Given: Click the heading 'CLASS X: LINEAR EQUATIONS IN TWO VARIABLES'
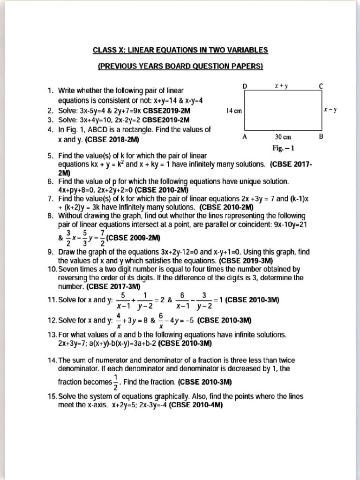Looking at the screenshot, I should (x=180, y=50).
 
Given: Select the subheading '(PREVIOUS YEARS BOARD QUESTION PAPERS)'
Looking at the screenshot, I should (x=180, y=66).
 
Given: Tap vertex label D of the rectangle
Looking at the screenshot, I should (x=245, y=86).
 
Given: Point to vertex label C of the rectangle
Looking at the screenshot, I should (x=321, y=86).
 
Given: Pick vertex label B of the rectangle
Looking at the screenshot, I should (x=321, y=137).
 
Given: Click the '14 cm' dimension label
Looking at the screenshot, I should (x=234, y=111).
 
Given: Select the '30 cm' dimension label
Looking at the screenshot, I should (x=283, y=137).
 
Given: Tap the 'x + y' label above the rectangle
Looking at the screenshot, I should (x=281, y=86).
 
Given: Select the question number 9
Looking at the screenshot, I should (x=51, y=252).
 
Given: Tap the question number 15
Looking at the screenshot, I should (x=52, y=396).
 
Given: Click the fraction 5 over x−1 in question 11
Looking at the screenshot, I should (x=123, y=300).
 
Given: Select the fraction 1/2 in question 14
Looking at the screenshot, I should (x=116, y=382).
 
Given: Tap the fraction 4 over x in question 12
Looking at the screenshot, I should (x=119, y=321).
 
